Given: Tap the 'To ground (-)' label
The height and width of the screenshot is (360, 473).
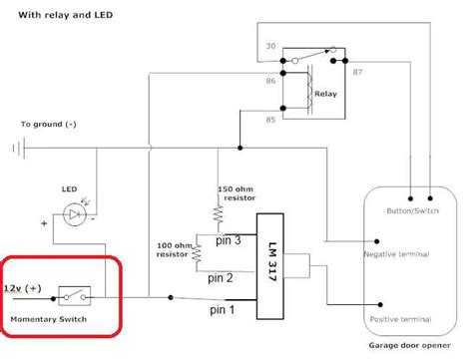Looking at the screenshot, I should coord(47,125).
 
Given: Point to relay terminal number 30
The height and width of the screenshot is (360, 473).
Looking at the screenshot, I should coord(270,47).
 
